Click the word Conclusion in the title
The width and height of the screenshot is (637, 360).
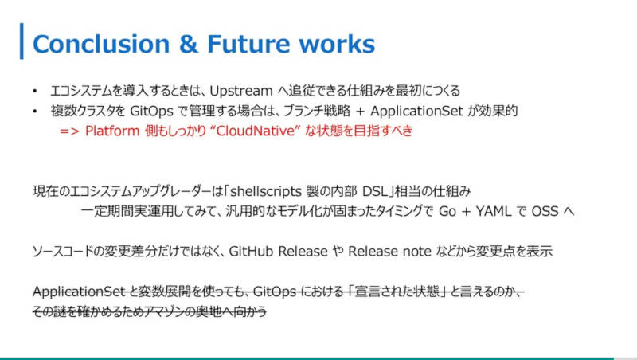(101, 44)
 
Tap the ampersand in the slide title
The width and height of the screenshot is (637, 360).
(189, 44)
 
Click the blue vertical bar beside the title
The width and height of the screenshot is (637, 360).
(21, 41)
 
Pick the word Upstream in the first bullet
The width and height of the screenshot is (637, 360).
(241, 91)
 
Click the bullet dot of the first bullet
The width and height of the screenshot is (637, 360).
(35, 91)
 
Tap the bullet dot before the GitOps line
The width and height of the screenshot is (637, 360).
(35, 111)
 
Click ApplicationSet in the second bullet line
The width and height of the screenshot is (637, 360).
(416, 111)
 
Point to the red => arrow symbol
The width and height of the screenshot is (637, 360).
(69, 131)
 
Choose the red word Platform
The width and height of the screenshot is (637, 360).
(112, 131)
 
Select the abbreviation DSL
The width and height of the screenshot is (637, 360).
(374, 191)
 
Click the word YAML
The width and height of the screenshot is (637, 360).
(493, 211)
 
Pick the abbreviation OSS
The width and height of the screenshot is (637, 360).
(545, 211)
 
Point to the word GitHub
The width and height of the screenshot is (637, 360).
(251, 251)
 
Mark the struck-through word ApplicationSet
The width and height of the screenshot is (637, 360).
(79, 292)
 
